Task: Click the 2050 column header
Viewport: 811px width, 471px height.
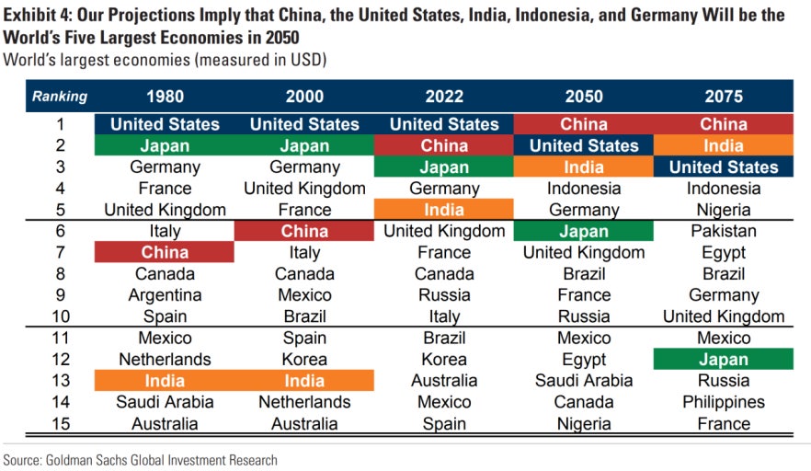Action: (584, 96)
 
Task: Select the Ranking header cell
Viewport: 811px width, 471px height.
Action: (60, 96)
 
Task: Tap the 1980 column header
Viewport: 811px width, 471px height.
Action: (165, 96)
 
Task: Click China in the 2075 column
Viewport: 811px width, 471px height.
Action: (724, 124)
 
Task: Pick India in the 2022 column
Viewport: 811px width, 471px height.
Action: (444, 210)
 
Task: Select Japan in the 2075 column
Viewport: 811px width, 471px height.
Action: (724, 360)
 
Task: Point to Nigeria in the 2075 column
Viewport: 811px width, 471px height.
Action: (724, 210)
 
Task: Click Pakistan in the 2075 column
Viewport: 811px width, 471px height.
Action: (724, 231)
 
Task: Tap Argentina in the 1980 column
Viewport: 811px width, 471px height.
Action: (165, 295)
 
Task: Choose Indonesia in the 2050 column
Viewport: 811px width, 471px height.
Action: (584, 189)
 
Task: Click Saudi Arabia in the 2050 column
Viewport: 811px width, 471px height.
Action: (584, 381)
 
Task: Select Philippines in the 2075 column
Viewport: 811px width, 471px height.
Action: (724, 402)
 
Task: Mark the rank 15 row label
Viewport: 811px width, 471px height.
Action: (60, 424)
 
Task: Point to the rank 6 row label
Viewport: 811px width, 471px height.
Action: (60, 231)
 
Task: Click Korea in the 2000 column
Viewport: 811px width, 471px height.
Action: (304, 360)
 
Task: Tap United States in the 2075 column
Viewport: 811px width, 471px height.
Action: (724, 167)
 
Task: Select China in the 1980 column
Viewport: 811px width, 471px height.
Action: (165, 252)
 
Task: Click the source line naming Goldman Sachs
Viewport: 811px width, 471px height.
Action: (140, 459)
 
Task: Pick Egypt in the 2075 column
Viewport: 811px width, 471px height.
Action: (724, 252)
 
